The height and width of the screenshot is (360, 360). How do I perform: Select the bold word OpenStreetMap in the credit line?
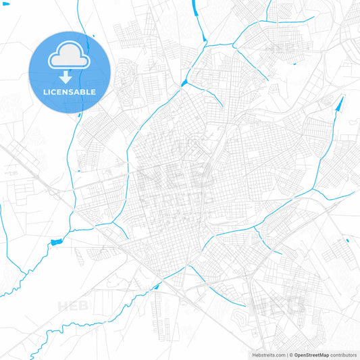pyautogui.click(x=311, y=354)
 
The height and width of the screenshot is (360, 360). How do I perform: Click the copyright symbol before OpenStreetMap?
pyautogui.click(x=289, y=354)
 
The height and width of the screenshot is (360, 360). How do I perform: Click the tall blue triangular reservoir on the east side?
pyautogui.click(x=338, y=105)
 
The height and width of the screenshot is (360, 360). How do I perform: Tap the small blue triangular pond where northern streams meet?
pyautogui.click(x=184, y=84)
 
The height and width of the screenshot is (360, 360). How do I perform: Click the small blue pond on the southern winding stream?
pyautogui.click(x=157, y=287)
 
